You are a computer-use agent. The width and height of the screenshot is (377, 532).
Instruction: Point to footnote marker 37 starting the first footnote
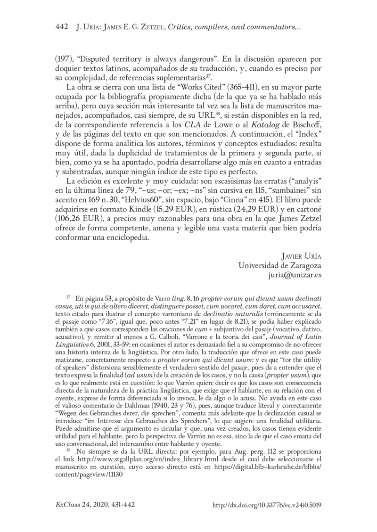click(x=69, y=298)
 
